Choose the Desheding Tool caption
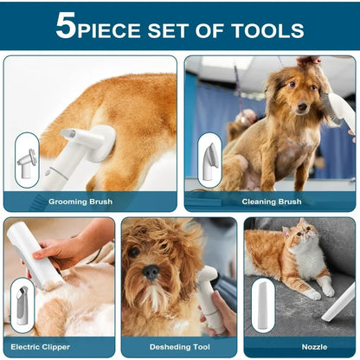tap(179, 347)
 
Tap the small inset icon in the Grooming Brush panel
tap(27, 159)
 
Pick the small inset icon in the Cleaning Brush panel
tap(209, 160)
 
